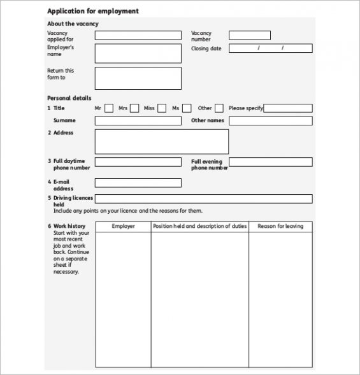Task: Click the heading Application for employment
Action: point(92,11)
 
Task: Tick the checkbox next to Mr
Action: point(109,108)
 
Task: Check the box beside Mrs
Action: point(135,108)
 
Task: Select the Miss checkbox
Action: point(162,108)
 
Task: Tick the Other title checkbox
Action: point(219,108)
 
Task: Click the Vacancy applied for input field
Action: point(138,36)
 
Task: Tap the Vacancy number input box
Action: point(249,36)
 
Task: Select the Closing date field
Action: point(270,48)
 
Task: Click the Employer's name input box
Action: point(138,53)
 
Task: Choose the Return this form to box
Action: point(138,78)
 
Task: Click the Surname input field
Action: point(138,121)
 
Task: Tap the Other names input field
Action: point(270,121)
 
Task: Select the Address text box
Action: point(161,141)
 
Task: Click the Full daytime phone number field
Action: point(138,162)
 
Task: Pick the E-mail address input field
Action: point(138,183)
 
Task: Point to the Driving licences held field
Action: point(203,199)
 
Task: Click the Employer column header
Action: point(123,227)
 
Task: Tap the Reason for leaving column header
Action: point(280,227)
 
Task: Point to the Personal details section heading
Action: point(69,98)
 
